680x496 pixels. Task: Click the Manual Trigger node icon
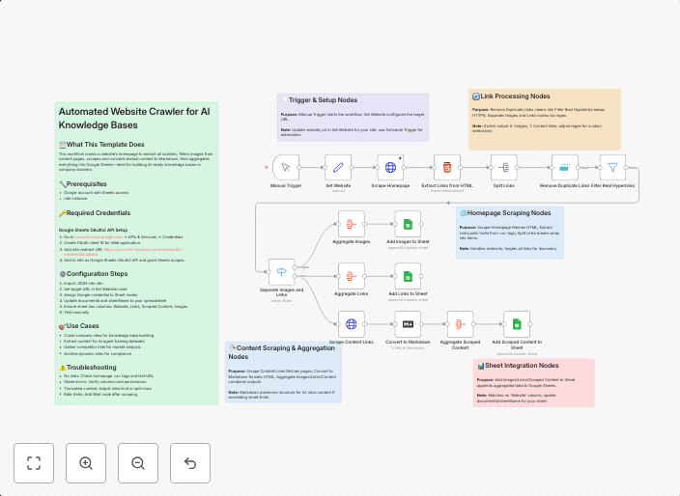(286, 167)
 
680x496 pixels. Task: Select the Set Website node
(338, 167)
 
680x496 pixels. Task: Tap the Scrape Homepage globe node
(391, 167)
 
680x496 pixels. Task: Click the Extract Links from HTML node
(447, 167)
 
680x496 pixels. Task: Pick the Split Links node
(504, 167)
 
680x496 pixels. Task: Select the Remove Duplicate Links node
(564, 167)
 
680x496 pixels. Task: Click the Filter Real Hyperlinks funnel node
(611, 167)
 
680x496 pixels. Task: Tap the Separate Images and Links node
(282, 272)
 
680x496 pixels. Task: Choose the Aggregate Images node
(352, 224)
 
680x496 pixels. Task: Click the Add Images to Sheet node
(409, 224)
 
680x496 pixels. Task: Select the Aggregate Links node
(352, 276)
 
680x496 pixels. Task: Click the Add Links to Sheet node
(409, 276)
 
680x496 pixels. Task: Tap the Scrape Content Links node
(352, 324)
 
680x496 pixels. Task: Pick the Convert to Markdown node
(409, 324)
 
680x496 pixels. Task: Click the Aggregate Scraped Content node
(461, 324)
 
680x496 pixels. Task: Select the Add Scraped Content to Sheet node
(518, 324)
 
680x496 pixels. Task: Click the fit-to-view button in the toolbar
(34, 463)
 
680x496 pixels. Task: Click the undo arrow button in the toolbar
(190, 463)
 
